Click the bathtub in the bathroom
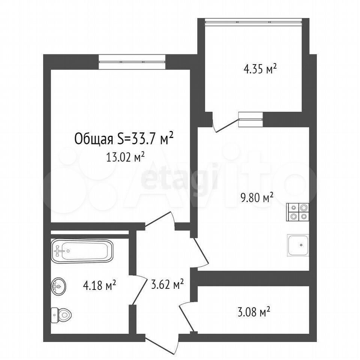82,251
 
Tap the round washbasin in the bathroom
58,286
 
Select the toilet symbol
61,315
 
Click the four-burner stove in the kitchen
297,212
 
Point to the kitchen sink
298,245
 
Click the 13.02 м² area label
125,157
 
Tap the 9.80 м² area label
256,197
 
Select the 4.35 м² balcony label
260,69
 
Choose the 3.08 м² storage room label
253,312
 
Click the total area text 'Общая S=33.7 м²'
124,139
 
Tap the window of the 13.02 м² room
132,62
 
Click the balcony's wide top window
253,22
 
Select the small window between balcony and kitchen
250,119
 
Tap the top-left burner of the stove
293,208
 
